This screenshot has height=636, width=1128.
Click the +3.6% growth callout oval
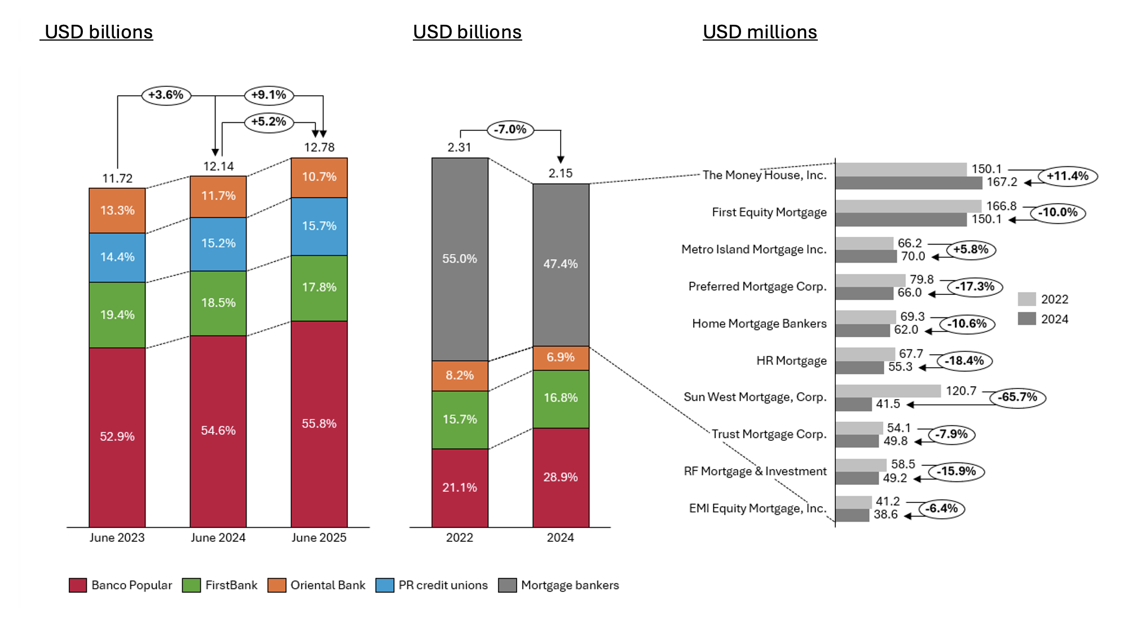(x=166, y=95)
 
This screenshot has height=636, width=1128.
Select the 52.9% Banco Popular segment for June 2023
(x=117, y=437)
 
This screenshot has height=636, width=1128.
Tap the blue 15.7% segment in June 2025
(x=319, y=226)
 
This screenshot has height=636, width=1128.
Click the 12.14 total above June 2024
(x=218, y=166)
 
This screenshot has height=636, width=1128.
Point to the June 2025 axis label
(x=319, y=538)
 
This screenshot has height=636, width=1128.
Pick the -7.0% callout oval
(x=510, y=130)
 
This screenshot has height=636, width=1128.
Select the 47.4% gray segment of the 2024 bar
(x=561, y=264)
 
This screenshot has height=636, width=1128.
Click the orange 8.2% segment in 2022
(x=460, y=376)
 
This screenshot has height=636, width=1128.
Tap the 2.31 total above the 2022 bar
(x=459, y=147)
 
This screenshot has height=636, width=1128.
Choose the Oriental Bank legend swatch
(x=277, y=585)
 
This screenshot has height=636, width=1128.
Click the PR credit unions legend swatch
(x=385, y=585)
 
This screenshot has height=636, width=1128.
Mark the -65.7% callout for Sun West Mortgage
(x=1017, y=397)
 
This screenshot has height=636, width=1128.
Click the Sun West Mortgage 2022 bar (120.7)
(x=888, y=391)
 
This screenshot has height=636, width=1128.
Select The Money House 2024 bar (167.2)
(x=908, y=183)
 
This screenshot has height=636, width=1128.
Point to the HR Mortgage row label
(x=791, y=361)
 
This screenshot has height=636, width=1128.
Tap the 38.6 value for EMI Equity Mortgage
(x=885, y=515)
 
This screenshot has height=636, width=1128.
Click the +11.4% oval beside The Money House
(x=1067, y=176)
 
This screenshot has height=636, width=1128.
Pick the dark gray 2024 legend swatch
(x=1026, y=319)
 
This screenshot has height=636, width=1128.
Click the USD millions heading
(x=760, y=32)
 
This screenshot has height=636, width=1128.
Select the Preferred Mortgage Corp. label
(x=757, y=286)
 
